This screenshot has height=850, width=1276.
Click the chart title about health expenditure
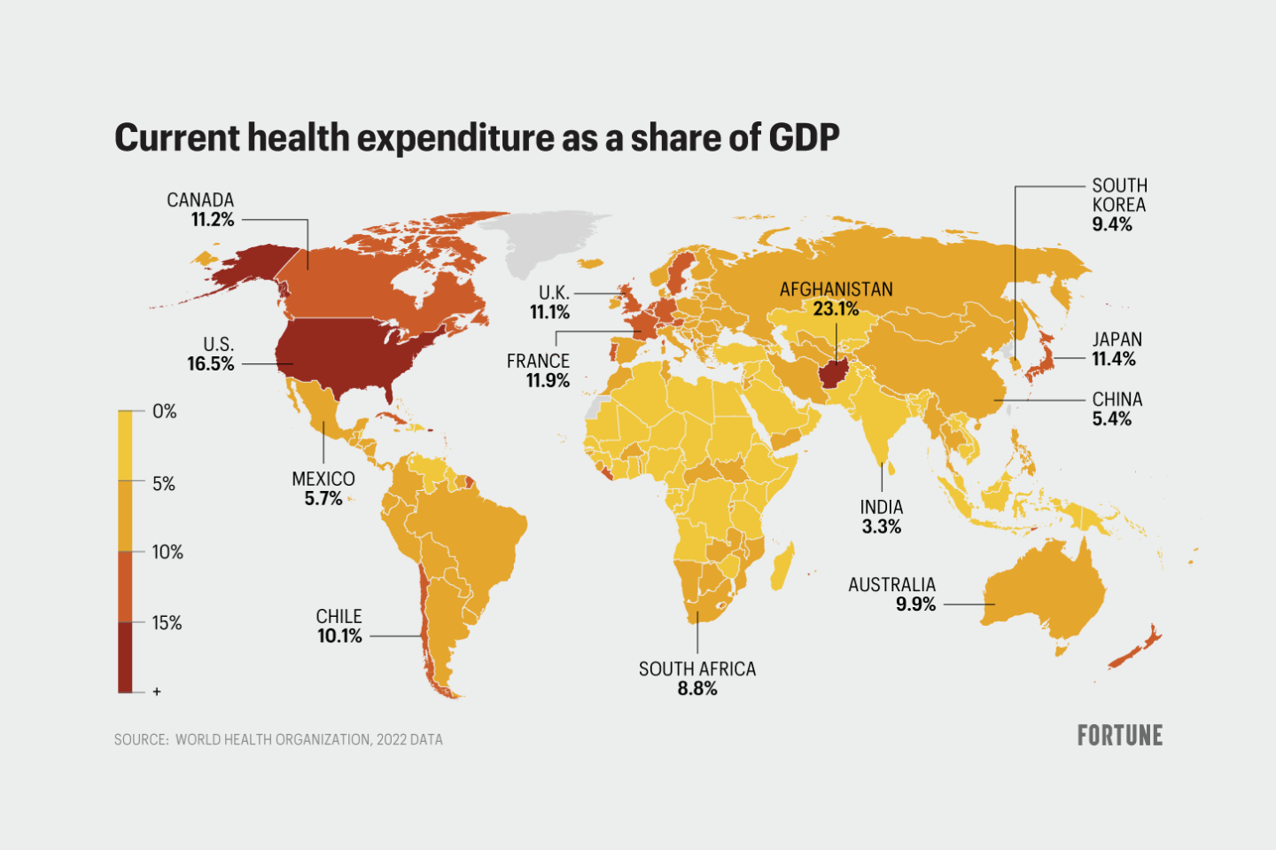(477, 138)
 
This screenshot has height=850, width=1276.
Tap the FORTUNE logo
(1119, 736)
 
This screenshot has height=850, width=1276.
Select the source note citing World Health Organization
(278, 739)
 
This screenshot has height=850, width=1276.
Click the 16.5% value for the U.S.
(211, 364)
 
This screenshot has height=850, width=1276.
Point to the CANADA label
(200, 200)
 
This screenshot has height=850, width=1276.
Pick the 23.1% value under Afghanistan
(836, 309)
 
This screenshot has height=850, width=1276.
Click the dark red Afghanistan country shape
(833, 373)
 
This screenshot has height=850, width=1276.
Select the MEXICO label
(323, 479)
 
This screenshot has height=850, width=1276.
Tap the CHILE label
(338, 616)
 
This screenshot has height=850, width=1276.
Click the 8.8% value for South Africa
(697, 689)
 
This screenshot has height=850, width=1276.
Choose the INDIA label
(882, 507)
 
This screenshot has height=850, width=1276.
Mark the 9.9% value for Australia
(915, 604)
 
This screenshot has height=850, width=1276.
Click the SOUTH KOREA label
(1119, 195)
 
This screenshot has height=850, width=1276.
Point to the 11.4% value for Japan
(1114, 359)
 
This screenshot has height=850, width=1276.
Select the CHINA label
(1117, 399)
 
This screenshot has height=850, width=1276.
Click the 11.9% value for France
(548, 381)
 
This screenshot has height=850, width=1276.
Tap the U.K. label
(554, 292)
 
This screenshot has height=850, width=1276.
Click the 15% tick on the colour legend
(167, 623)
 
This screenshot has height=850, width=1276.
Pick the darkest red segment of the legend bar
(125, 656)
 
